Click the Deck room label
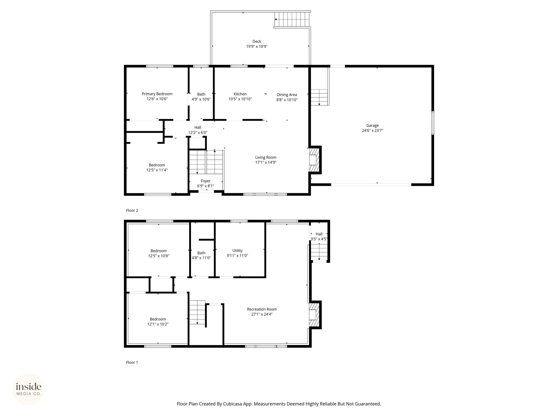coord(257,41)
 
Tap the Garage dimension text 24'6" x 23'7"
coord(372,130)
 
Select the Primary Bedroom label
coord(157,94)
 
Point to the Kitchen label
coord(240,94)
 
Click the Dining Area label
coord(287,95)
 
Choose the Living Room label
coord(266,157)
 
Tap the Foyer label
coord(206,181)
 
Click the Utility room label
coord(238,251)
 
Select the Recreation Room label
coord(262,309)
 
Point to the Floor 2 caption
coord(132,210)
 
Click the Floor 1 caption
coord(132,362)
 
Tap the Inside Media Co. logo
coord(29,389)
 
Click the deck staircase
coord(292,20)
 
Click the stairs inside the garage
coord(319,97)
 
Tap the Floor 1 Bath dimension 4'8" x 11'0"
coord(201,258)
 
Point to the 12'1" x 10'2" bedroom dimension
coord(158,324)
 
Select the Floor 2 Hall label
coord(198,127)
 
